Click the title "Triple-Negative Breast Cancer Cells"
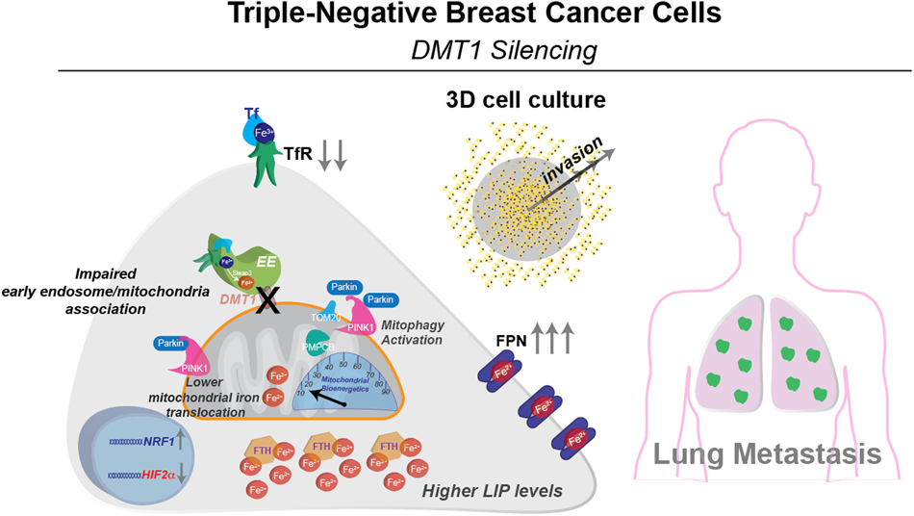457,16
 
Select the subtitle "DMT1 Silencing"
457,48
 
